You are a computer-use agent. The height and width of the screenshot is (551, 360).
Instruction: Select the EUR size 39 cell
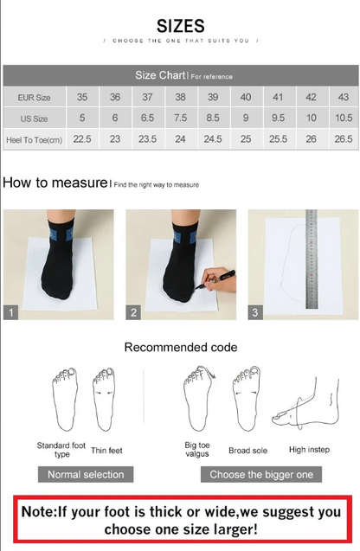pos(212,98)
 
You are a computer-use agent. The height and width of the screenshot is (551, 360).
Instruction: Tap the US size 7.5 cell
pos(180,118)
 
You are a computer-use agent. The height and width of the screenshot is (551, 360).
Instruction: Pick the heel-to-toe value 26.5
pos(343,138)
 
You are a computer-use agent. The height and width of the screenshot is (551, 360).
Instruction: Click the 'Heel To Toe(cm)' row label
pos(34,138)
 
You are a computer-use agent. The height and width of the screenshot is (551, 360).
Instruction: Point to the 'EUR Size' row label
pos(34,98)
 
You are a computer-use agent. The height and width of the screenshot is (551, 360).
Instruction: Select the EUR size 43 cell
pos(343,98)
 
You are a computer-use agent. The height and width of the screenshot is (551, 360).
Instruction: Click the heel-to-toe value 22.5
pos(82,138)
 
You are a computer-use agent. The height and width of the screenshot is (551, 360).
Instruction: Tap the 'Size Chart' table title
pos(157,75)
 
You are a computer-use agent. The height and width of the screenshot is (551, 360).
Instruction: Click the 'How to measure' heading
pos(55,183)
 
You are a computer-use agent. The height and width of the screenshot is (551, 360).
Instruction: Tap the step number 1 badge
pos(11,312)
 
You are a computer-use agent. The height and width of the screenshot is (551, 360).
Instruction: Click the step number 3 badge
pos(256,312)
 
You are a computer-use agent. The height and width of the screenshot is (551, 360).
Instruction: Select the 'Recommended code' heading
pos(180,348)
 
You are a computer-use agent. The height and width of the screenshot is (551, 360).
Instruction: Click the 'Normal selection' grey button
pos(86,474)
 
